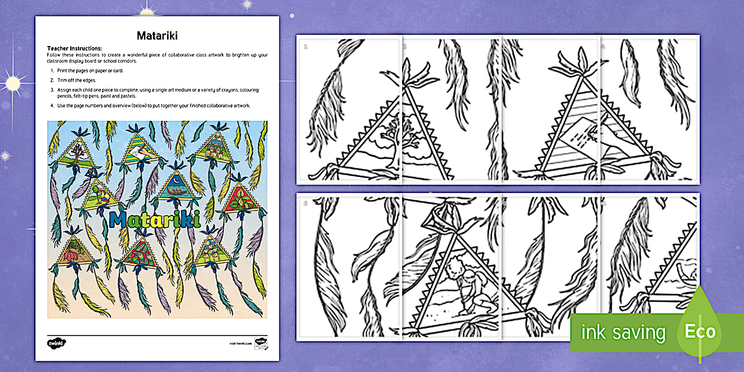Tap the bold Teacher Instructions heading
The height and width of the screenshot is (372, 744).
pos(74,48)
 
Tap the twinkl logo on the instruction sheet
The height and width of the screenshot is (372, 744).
pos(56,342)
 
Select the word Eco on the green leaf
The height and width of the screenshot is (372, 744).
pos(700,331)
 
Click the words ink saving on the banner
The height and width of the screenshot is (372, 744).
pos(623,332)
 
